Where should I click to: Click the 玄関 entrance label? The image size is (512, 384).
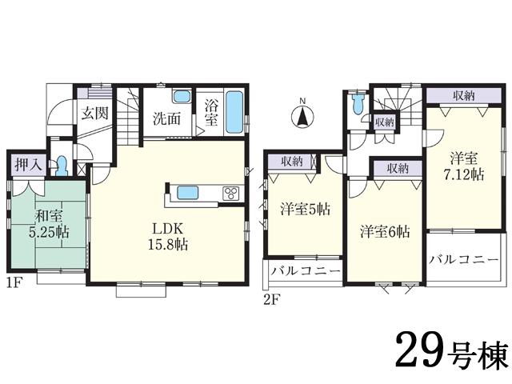pos(94,113)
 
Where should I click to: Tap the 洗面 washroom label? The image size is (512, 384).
pos(166,119)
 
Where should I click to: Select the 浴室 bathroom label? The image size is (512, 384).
pos(211,112)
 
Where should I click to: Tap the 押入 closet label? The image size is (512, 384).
pos(25,166)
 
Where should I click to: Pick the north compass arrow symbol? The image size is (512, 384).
pos(302,118)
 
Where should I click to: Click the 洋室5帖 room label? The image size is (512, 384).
pos(305,210)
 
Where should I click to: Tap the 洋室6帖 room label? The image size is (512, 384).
pos(385,231)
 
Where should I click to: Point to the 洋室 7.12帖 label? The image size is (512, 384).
pos(465,166)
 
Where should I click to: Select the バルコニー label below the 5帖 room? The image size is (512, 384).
pos(305,272)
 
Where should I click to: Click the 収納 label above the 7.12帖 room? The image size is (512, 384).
pos(464,95)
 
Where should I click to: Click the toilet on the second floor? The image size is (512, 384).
pos(358,105)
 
